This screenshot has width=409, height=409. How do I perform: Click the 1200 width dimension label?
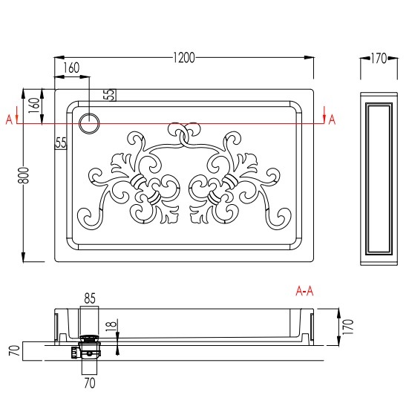[x=184, y=58]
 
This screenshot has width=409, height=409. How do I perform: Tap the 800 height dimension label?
[x=24, y=175]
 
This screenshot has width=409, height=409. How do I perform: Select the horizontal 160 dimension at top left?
[x=71, y=68]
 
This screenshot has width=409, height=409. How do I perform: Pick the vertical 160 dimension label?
[x=34, y=105]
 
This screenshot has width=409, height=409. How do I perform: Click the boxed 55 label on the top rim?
[x=110, y=95]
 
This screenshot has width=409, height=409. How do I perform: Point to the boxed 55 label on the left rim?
[x=61, y=143]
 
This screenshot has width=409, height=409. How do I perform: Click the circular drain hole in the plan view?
[x=90, y=123]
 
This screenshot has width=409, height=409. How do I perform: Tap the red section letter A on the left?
[x=9, y=120]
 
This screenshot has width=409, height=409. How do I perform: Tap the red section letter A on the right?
[x=332, y=120]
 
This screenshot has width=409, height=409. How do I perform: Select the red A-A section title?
[x=304, y=290]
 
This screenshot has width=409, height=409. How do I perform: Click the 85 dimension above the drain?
[x=90, y=298]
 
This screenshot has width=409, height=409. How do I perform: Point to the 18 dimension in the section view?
[x=111, y=326]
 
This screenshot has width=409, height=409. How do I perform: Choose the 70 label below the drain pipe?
[x=90, y=383]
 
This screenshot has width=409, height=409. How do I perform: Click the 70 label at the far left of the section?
[x=15, y=350]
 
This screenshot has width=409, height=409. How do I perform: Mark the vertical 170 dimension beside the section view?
[x=348, y=327]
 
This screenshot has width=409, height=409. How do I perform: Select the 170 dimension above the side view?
[x=379, y=59]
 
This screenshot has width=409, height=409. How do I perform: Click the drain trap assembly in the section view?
[x=87, y=347]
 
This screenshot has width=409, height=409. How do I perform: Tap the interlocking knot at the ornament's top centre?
[x=184, y=134]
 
